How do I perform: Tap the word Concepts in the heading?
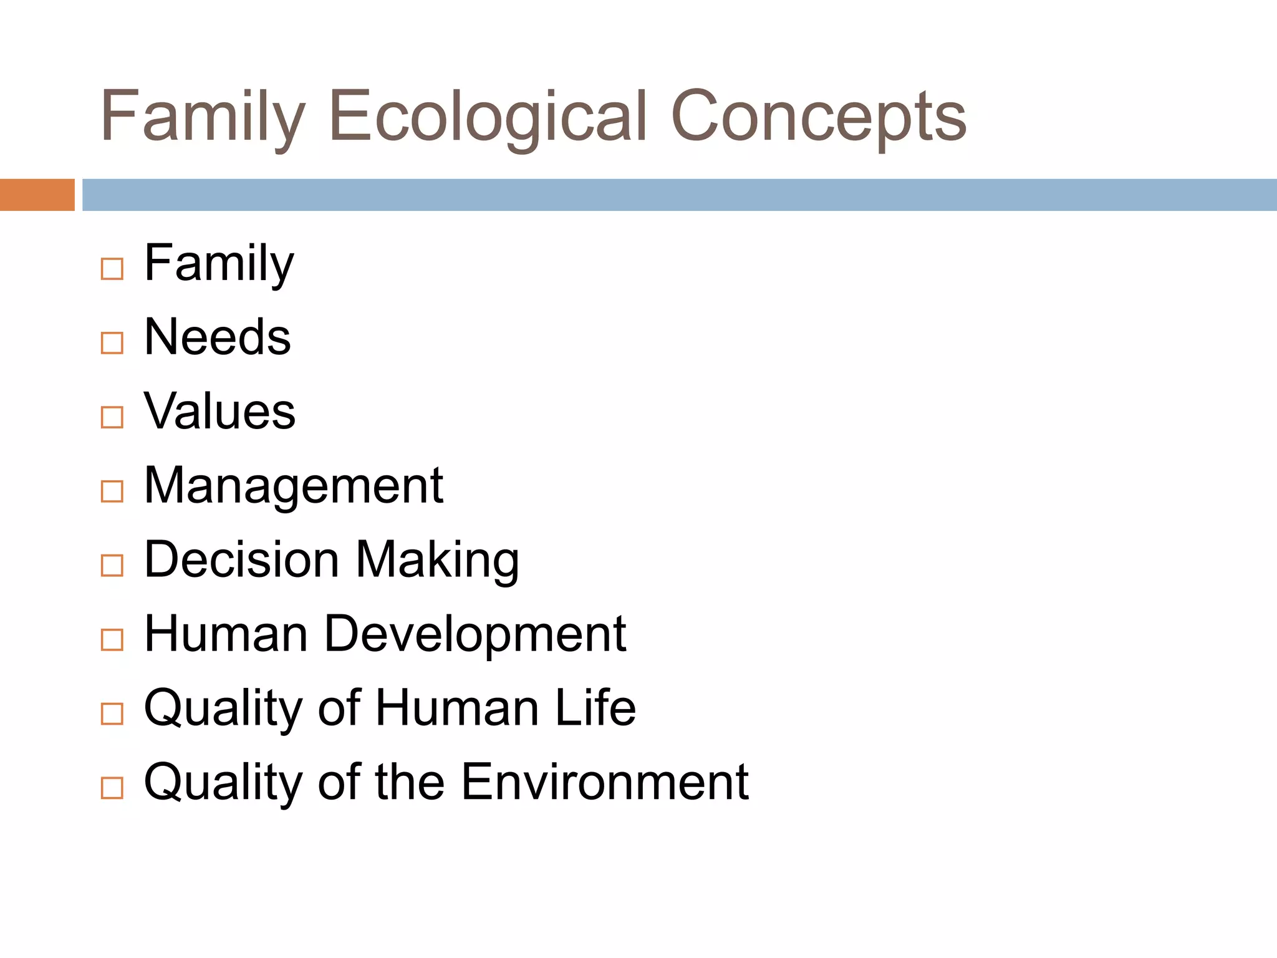pyautogui.click(x=818, y=117)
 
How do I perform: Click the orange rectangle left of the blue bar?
pyautogui.click(x=37, y=195)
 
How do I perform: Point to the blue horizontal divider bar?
pyautogui.click(x=680, y=195)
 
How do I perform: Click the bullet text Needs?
pyautogui.click(x=217, y=337)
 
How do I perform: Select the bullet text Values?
pyautogui.click(x=219, y=412)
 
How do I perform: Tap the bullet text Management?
pyautogui.click(x=293, y=486)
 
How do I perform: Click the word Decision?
pyautogui.click(x=242, y=559)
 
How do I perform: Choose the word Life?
pyautogui.click(x=595, y=708)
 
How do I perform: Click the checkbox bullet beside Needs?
pyautogui.click(x=112, y=343)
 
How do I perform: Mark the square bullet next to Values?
pyautogui.click(x=112, y=417)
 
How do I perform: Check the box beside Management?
pyautogui.click(x=112, y=491)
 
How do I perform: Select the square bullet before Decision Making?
pyautogui.click(x=112, y=566)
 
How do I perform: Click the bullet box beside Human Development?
pyautogui.click(x=112, y=640)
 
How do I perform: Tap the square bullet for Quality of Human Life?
pyautogui.click(x=112, y=714)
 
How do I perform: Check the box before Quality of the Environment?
pyautogui.click(x=112, y=788)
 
